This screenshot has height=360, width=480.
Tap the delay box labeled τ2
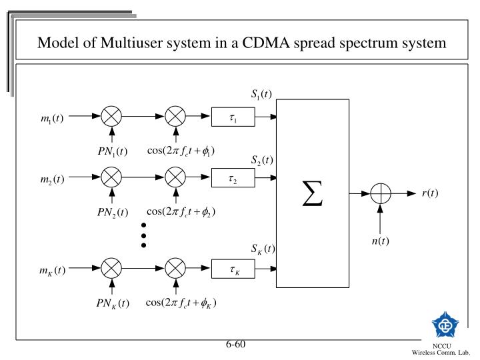tap(233, 179)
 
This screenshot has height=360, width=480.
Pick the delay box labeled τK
tap(233, 269)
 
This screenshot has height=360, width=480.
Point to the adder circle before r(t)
tap(380, 194)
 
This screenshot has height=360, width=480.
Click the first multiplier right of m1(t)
tap(111, 117)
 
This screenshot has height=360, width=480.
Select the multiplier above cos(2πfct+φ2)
tap(175, 178)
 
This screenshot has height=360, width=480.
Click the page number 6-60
tap(235, 345)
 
